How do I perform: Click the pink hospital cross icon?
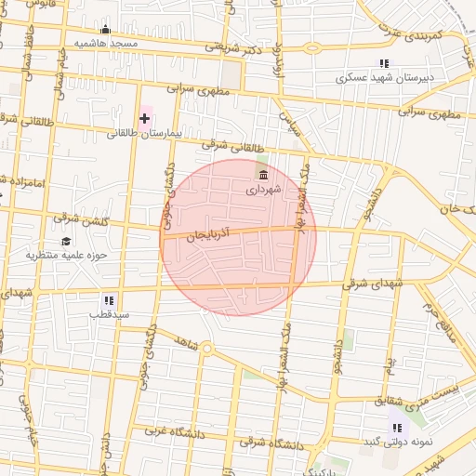[145, 118]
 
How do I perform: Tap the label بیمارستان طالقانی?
[137, 133]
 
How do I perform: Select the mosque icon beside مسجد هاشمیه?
[105, 29]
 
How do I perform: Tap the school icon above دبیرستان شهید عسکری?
[383, 63]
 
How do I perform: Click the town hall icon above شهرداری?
[264, 175]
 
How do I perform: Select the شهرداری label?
[262, 190]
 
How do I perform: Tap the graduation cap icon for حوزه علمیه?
[66, 241]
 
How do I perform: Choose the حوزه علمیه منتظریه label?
[67, 255]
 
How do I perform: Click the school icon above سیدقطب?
[109, 300]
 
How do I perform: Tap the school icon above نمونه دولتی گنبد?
[398, 427]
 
